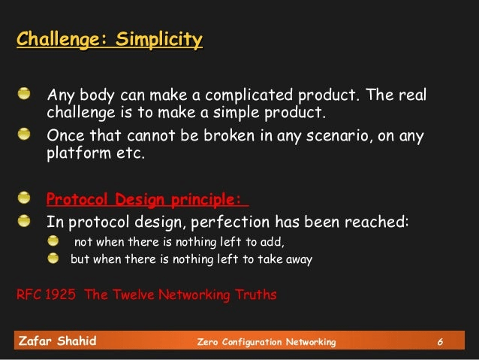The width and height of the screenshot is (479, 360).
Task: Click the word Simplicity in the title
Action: click(x=158, y=39)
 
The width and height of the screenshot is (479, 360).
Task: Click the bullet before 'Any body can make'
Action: click(x=25, y=95)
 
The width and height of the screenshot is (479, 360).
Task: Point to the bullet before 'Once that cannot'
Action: click(x=25, y=135)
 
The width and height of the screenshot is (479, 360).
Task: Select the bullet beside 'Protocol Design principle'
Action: click(x=25, y=198)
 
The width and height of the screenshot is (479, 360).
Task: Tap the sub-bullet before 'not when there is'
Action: click(x=55, y=241)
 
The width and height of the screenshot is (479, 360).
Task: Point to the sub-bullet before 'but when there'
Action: click(x=55, y=259)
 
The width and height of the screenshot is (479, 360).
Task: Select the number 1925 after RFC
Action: click(x=64, y=295)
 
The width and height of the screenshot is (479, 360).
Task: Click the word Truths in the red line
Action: click(x=257, y=295)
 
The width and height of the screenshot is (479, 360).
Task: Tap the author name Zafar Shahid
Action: click(x=57, y=343)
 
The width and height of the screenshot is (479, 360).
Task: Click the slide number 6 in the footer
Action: click(x=441, y=343)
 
